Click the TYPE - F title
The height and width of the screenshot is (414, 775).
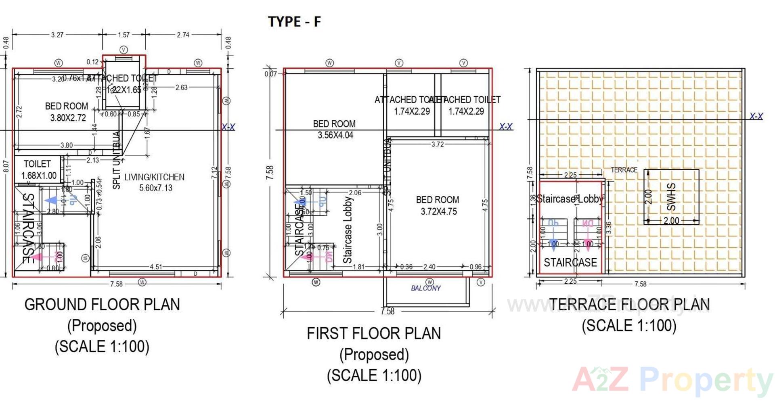point(294,21)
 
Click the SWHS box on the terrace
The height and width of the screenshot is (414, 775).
point(671,197)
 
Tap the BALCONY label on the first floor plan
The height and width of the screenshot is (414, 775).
point(425,288)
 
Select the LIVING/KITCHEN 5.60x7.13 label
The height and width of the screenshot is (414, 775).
point(155,182)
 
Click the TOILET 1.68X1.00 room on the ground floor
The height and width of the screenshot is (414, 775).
point(38,169)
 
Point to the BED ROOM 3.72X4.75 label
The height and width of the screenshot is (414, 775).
point(438,205)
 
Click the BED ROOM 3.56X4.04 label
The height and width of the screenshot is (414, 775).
point(335,129)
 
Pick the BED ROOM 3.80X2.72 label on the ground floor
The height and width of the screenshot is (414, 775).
point(67,112)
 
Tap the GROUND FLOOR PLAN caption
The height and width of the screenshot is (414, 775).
point(102,305)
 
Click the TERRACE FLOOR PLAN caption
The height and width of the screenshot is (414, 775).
point(629,305)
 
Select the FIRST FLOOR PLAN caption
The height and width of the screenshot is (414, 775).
point(374,334)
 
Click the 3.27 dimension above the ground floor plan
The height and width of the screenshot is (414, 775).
point(57,35)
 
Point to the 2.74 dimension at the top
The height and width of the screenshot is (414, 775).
point(183,35)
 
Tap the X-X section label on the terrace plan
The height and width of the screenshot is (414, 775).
point(756,116)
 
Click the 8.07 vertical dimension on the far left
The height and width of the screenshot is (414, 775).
point(6,166)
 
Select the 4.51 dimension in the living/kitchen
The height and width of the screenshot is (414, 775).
point(156,267)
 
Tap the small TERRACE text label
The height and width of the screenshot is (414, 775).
point(624,170)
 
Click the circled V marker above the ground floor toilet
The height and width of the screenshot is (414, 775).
point(124,50)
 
